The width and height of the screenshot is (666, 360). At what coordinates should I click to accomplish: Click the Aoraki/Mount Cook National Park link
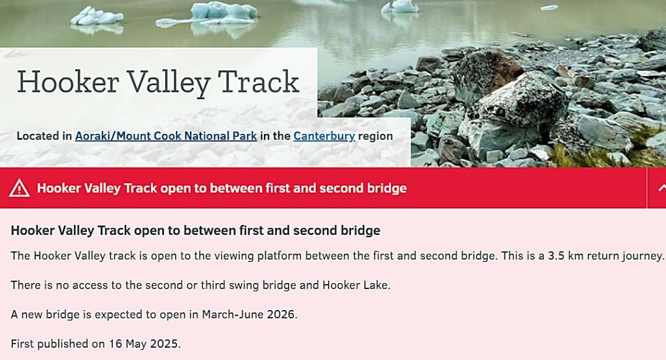pyautogui.click(x=166, y=136)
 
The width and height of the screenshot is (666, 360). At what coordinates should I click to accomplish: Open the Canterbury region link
pyautogui.click(x=324, y=136)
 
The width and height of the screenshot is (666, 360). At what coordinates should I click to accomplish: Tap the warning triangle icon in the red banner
pyautogui.click(x=20, y=188)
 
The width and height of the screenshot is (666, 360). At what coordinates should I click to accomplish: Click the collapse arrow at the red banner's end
pyautogui.click(x=662, y=188)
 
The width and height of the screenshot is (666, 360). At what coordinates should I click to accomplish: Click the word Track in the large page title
pyautogui.click(x=258, y=82)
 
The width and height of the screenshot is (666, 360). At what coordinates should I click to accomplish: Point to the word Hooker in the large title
pyautogui.click(x=68, y=82)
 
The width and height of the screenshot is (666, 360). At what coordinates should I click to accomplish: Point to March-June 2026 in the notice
pyautogui.click(x=249, y=314)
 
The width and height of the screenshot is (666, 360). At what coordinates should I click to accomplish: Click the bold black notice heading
pyautogui.click(x=195, y=231)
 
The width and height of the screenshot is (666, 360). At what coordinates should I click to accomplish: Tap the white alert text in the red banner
pyautogui.click(x=222, y=188)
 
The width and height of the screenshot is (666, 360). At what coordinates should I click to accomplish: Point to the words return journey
pyautogui.click(x=626, y=256)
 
